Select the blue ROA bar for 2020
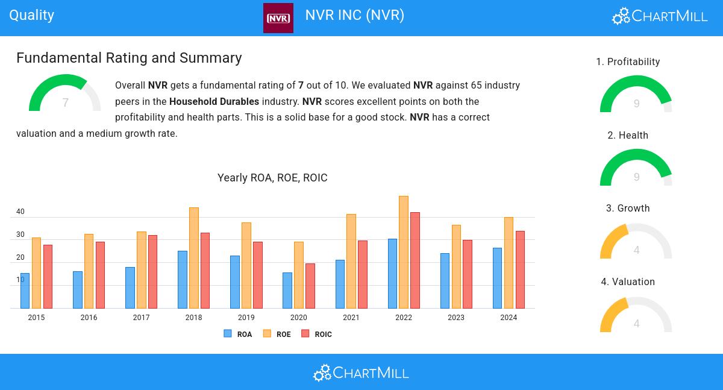coord(287,291)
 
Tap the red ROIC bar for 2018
coord(205,271)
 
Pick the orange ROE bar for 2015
coord(36,273)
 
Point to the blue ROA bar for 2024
coord(497,278)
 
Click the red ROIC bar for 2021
coord(363,274)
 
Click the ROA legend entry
coord(238,334)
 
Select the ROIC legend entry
coord(317,334)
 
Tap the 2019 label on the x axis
coord(246,318)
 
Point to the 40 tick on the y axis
coord(20,212)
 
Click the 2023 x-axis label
coord(456,318)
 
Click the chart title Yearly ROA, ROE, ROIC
coord(272,178)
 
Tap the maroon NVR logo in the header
coord(278,18)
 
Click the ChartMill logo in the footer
coord(361,373)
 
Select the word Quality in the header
coord(32,15)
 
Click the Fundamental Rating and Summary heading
coord(129,58)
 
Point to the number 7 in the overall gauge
coord(65,103)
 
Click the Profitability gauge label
coord(628,62)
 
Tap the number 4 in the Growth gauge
coord(636,250)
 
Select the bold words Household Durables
coord(214,101)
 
